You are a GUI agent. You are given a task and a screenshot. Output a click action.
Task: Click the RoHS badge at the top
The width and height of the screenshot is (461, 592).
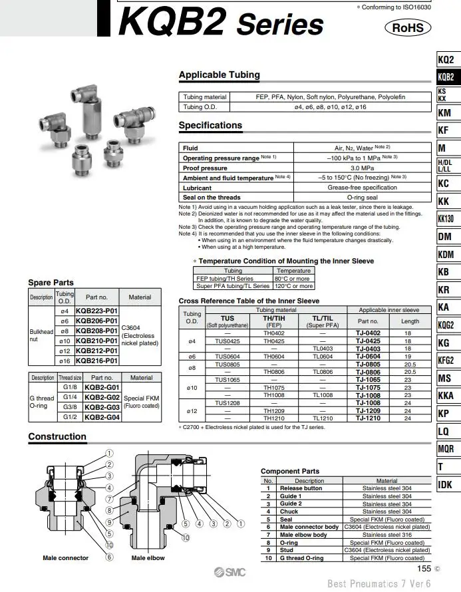tap(408, 28)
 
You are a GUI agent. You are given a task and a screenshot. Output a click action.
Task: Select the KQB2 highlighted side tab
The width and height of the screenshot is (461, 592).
tap(446, 77)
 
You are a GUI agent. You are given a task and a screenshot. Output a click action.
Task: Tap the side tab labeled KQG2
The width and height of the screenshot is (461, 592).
tap(446, 325)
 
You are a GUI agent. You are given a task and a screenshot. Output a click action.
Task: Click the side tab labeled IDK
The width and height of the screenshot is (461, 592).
tap(445, 484)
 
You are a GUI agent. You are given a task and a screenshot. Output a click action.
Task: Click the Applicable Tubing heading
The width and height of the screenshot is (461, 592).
tap(220, 75)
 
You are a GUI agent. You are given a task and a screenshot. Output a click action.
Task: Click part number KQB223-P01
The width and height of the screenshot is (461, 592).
tap(96, 311)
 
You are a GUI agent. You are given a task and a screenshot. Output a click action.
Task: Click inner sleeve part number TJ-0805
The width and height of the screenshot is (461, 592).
tap(368, 365)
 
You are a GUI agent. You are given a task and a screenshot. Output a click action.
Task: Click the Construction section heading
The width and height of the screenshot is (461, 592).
tap(57, 437)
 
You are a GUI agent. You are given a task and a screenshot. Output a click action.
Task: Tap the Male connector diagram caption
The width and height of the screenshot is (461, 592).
tap(65, 558)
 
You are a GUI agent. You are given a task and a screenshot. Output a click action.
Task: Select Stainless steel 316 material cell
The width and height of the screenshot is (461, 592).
tap(386, 535)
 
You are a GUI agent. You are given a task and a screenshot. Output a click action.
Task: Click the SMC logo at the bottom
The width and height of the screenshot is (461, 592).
tap(230, 573)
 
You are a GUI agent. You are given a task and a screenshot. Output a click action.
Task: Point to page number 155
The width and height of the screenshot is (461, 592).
tap(424, 569)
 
